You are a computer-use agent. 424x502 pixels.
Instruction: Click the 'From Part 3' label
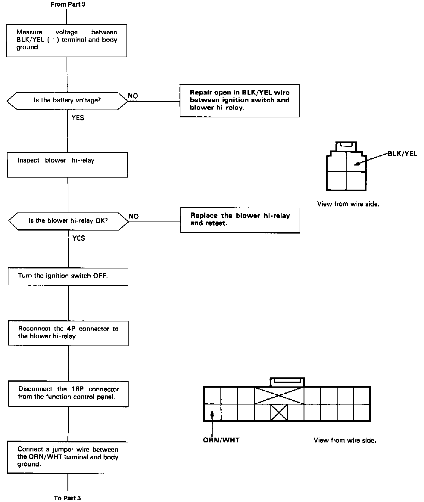coord(68,5)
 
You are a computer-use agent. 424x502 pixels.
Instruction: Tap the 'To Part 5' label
coord(67,498)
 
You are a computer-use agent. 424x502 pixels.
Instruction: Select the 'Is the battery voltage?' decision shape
coord(67,101)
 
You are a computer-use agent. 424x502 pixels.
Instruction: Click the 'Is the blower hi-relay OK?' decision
coord(68,221)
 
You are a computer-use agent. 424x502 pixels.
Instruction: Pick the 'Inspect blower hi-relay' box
coord(67,165)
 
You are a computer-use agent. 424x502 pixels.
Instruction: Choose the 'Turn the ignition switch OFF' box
coord(68,276)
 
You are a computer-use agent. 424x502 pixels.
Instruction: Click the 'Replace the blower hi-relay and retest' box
coord(240,220)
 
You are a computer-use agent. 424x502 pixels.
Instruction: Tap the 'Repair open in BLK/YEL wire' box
coord(239,101)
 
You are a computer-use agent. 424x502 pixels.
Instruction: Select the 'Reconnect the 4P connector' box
coord(68,333)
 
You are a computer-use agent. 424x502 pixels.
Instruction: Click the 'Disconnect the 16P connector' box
coord(68,394)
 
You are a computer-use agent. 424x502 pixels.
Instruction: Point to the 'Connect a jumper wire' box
coord(68,457)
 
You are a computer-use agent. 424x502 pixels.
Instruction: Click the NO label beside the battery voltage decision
coord(133,96)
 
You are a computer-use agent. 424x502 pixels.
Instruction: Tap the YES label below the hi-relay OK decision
coord(79,238)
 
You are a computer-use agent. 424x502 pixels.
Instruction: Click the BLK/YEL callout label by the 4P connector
coord(402,154)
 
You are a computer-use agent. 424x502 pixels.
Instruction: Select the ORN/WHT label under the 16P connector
coord(221,440)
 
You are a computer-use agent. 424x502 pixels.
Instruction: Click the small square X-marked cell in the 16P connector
coord(279,413)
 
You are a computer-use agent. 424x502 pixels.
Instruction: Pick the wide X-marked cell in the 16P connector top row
coord(279,395)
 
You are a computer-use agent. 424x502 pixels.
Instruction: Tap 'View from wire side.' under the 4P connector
coord(348,204)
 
